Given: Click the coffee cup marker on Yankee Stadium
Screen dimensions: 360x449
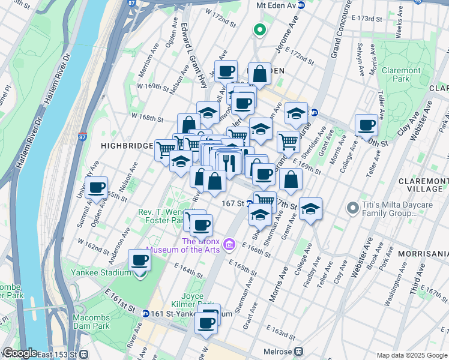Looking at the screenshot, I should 140,260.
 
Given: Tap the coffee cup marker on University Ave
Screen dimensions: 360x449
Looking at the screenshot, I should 96,188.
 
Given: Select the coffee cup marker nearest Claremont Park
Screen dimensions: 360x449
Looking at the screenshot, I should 366,125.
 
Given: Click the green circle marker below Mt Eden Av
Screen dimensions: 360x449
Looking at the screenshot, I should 260,29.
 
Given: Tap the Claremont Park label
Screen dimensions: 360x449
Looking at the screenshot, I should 402,74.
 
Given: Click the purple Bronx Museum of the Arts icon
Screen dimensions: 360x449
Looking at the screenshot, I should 229,245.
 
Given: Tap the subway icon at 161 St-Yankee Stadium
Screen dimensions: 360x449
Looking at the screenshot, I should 146,313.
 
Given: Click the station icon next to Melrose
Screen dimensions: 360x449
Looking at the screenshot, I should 298,352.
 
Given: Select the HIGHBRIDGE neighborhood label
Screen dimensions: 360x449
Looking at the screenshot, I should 124,145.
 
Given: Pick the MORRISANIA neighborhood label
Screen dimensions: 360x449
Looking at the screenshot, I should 427,254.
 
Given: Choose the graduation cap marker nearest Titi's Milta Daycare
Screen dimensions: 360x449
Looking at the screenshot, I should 310,209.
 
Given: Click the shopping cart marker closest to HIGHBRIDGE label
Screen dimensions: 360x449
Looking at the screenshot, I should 166,149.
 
